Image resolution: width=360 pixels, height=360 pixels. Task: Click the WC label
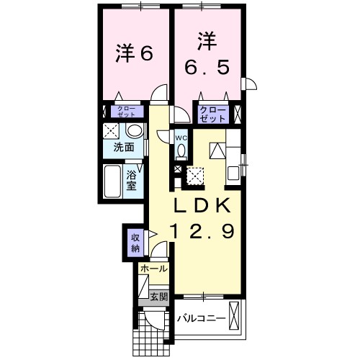click(181, 138)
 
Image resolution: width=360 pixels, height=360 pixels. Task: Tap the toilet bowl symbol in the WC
click(181, 150)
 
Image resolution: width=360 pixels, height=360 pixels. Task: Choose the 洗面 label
click(124, 148)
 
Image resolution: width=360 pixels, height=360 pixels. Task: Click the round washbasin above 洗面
click(133, 130)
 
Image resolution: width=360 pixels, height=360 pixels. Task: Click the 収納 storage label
click(135, 242)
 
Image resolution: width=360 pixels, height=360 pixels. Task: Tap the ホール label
click(154, 269)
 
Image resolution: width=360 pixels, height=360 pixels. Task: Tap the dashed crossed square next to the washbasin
click(112, 130)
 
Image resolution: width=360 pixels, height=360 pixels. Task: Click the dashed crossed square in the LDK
click(194, 175)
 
